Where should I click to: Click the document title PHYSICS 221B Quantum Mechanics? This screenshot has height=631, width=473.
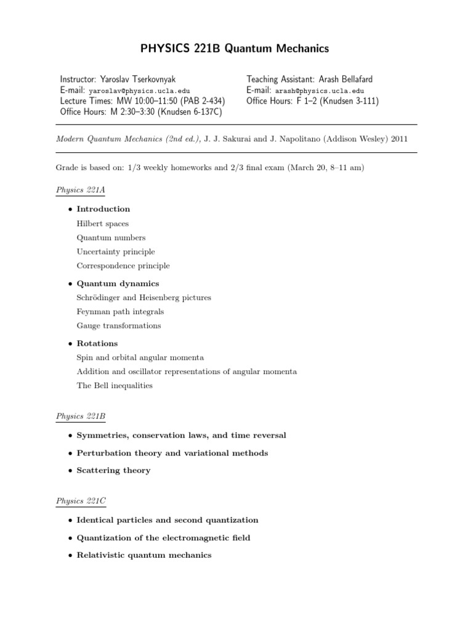[x=236, y=48]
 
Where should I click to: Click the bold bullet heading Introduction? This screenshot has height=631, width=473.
[x=103, y=209]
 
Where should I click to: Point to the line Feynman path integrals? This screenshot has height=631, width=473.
[x=120, y=312]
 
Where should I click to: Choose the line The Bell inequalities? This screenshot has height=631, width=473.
[x=114, y=386]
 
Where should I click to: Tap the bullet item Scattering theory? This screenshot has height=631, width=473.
[x=113, y=470]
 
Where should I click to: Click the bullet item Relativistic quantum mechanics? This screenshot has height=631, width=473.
[x=144, y=555]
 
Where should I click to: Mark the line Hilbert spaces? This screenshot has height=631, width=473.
[x=103, y=224]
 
